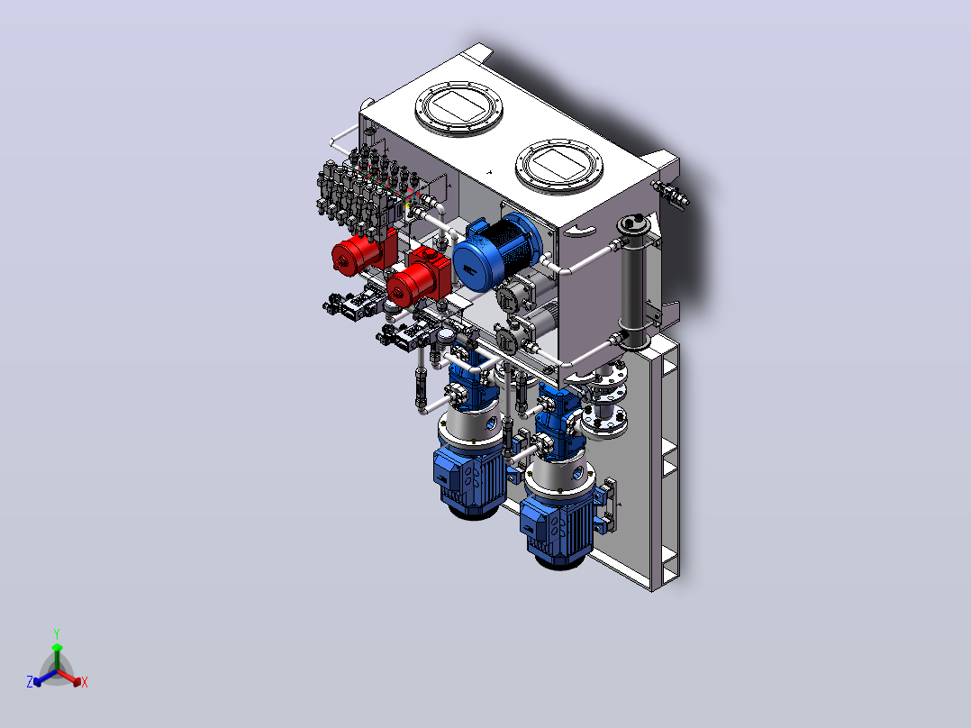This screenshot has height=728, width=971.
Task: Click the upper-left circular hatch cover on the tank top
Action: click(x=458, y=108)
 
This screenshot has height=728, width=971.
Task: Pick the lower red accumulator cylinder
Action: click(x=416, y=281)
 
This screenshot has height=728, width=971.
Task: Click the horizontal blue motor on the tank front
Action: click(x=495, y=253)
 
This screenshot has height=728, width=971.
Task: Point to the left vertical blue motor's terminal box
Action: click(x=447, y=469)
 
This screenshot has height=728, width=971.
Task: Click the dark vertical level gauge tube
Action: click(x=633, y=282)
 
